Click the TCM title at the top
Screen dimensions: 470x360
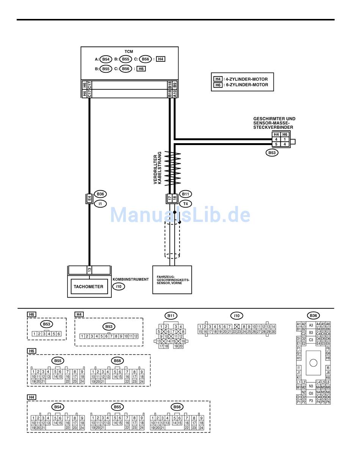point(129,52)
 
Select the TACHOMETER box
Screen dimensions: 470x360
point(88,287)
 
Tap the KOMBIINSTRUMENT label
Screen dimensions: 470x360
point(131,280)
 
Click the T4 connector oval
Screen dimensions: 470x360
point(185,204)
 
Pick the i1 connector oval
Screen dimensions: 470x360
point(100,204)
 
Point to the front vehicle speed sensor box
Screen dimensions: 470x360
point(172,280)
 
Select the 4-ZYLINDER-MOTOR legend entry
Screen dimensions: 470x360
point(246,79)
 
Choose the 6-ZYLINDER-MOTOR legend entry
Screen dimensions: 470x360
point(246,85)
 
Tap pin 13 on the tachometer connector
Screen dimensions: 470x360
point(89,270)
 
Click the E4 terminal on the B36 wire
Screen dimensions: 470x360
point(89,198)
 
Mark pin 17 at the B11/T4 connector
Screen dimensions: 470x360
point(170,198)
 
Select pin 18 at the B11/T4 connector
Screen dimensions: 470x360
point(175,198)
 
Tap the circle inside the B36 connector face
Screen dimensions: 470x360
point(313,363)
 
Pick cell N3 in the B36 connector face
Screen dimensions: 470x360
point(311,386)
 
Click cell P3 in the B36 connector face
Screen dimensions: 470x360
point(311,401)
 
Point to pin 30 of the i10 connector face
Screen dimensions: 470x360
point(273,332)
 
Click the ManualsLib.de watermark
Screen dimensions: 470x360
point(180,215)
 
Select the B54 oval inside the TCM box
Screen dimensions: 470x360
point(106,59)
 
